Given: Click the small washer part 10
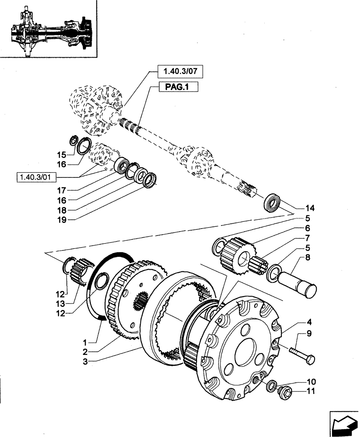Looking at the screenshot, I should tap(271, 385).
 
